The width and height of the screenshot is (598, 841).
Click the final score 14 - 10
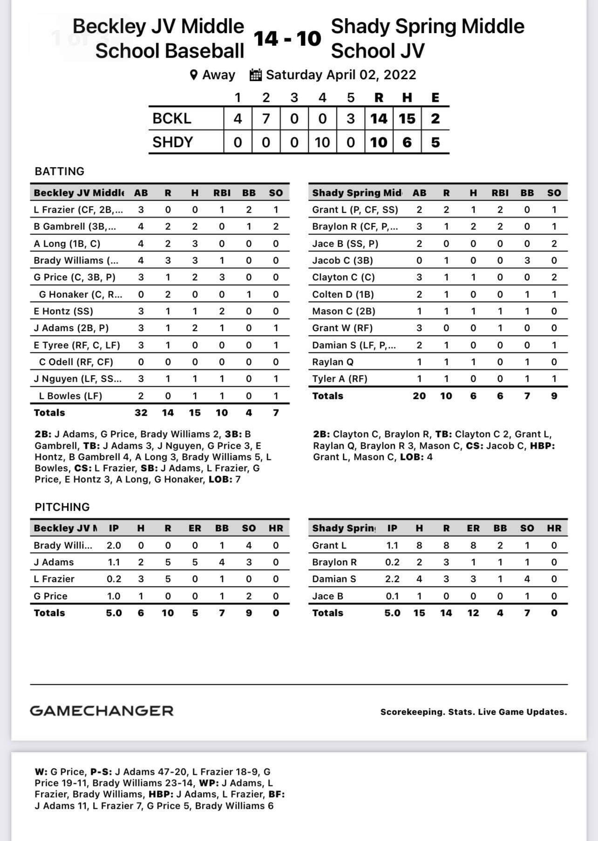287,38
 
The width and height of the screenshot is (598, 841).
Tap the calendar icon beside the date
256,75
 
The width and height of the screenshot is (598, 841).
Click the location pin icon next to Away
194,75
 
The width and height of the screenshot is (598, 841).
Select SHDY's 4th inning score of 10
322,142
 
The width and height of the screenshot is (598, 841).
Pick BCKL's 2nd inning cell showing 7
266,119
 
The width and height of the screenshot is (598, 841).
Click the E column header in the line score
435,98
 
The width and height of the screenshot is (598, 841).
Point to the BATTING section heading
60,171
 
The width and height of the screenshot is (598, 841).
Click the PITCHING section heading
62,507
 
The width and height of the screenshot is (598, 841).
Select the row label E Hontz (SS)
63,311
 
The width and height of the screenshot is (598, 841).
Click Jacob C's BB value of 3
527,260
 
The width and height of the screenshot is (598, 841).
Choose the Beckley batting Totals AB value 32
141,413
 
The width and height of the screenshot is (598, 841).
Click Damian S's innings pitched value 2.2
392,579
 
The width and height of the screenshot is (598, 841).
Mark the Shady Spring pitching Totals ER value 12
473,613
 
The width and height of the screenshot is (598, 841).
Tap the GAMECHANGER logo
102,711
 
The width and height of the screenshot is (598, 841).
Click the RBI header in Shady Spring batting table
500,193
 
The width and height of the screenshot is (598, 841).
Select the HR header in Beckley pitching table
276,528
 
